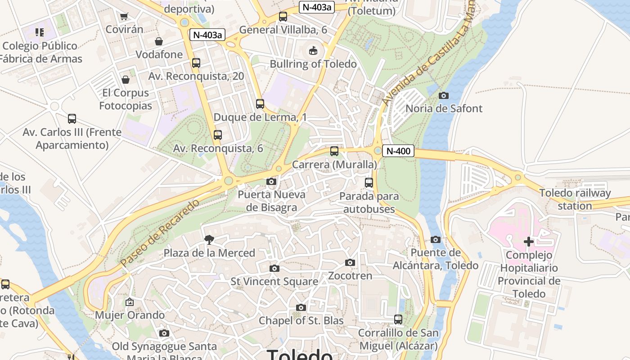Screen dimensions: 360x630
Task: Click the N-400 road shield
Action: tap(398, 151)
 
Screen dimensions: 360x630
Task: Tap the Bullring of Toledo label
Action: tap(313, 64)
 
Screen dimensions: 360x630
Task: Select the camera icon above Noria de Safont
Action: tap(444, 95)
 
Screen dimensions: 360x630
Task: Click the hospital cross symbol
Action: tap(529, 242)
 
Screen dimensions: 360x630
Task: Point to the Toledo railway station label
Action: tap(575, 199)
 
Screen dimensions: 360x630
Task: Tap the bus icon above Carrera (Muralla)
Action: tap(334, 151)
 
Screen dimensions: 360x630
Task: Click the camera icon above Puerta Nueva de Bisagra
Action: tap(271, 182)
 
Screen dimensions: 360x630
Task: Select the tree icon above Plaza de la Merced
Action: tap(209, 240)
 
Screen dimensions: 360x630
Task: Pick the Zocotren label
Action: tap(350, 275)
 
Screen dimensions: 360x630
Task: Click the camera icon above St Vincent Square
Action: tap(274, 269)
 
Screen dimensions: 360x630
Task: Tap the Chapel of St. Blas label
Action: tap(301, 321)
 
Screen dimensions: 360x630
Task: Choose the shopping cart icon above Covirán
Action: tap(124, 17)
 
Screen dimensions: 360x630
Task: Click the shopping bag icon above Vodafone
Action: tap(159, 42)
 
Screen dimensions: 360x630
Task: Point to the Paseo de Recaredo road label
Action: tap(160, 233)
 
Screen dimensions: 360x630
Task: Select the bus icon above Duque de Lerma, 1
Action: tap(260, 104)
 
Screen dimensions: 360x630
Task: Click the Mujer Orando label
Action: tap(130, 315)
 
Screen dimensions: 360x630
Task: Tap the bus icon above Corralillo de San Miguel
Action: tap(398, 319)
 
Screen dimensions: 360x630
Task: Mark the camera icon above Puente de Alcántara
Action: tap(435, 240)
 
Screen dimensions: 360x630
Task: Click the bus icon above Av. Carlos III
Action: tap(72, 119)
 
